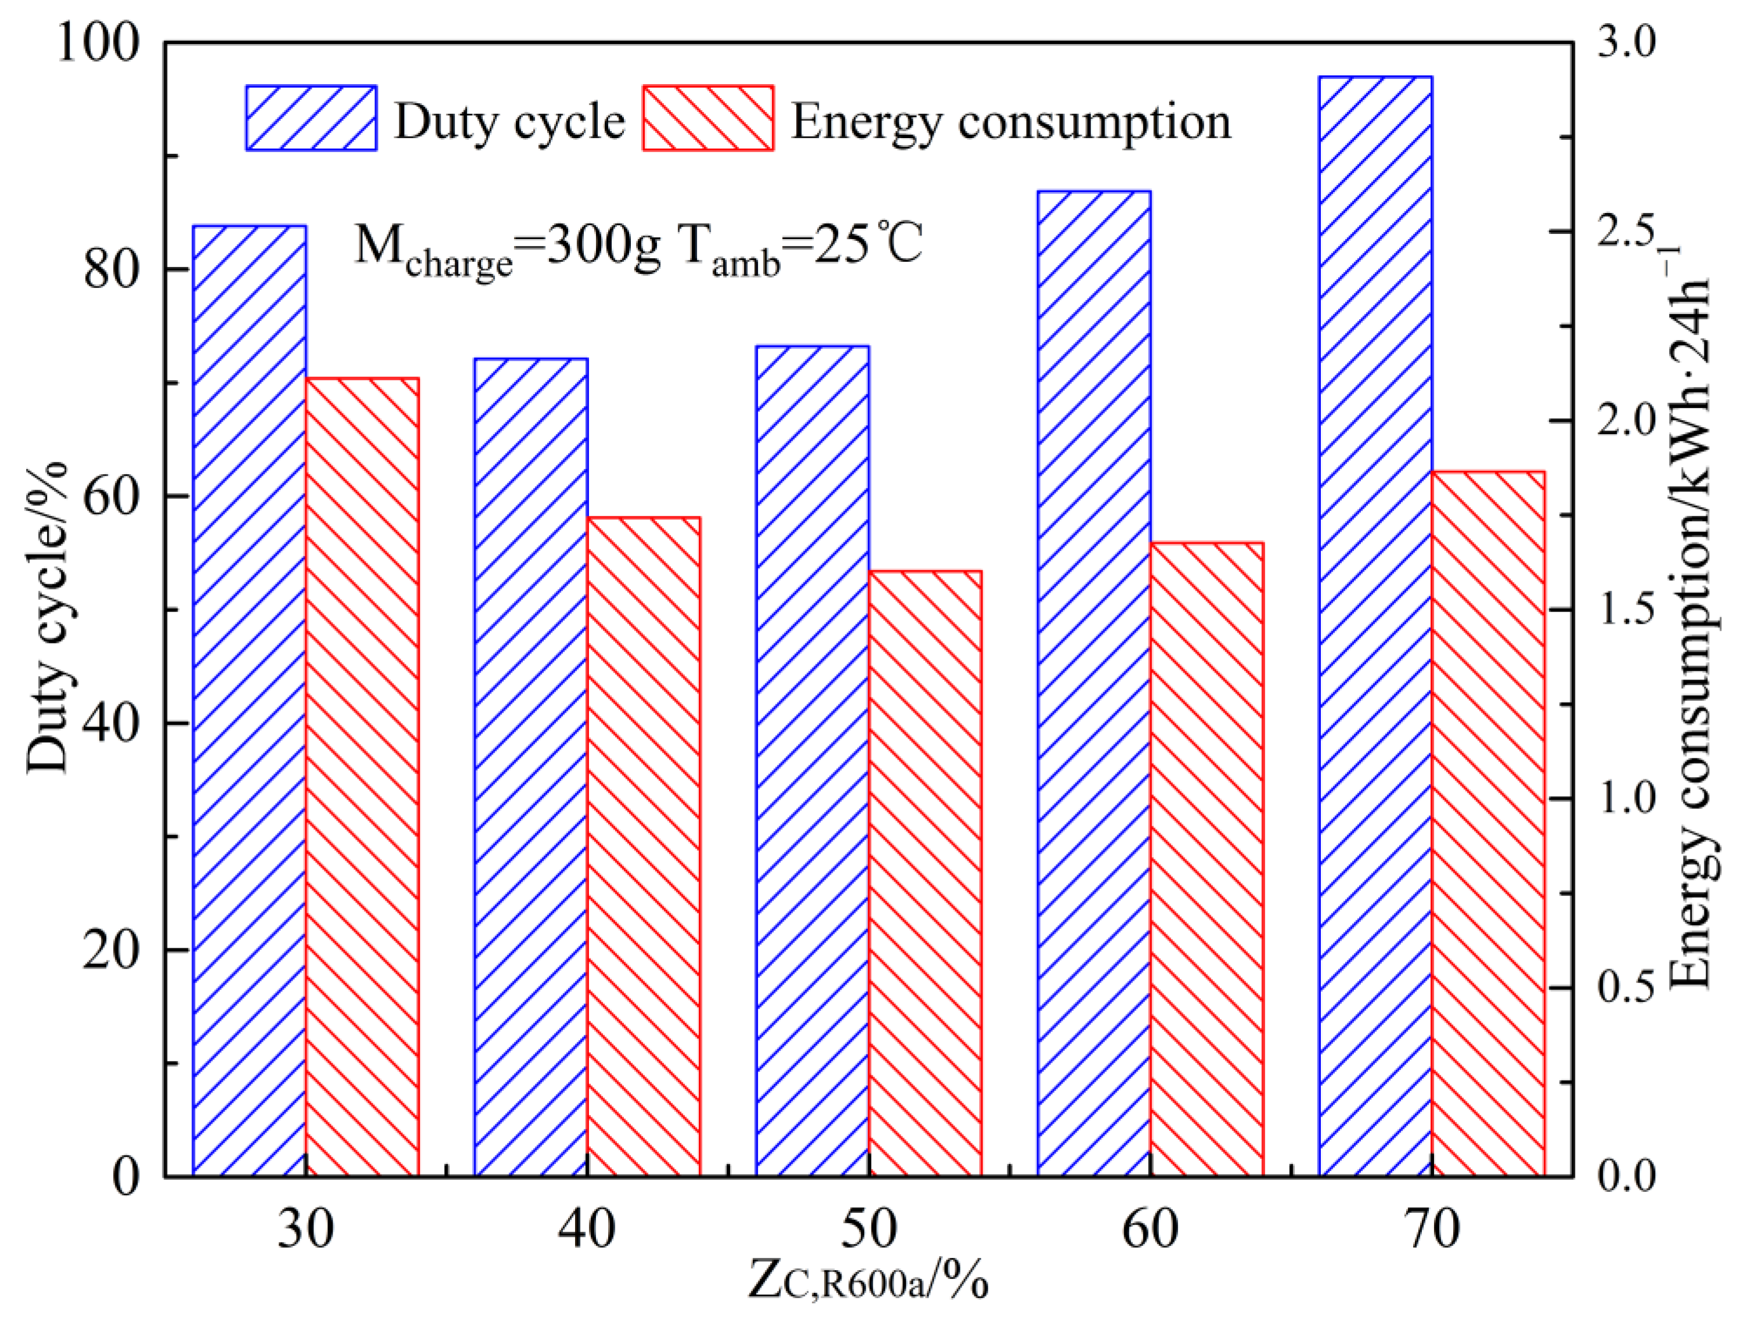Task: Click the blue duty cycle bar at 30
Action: [x=249, y=700]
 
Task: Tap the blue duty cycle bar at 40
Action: [x=530, y=767]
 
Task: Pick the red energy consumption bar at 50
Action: [x=926, y=873]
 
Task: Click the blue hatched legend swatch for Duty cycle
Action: [x=311, y=118]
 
